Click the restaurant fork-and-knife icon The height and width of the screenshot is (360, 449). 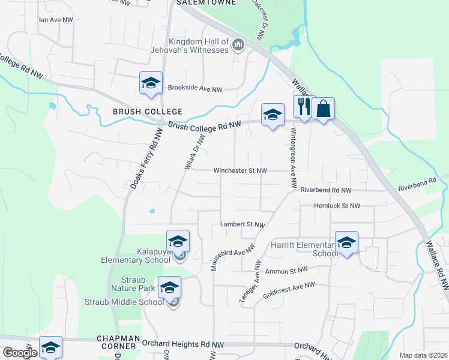pos(304,108)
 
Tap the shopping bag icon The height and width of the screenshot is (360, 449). pos(323,109)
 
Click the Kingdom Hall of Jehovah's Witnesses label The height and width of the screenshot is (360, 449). pos(199,46)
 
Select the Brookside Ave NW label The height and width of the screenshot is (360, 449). pos(195,89)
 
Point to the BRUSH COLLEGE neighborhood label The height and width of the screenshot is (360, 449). pos(147,112)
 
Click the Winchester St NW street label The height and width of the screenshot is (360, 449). pos(240,170)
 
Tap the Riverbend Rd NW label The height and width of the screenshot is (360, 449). pos(326,190)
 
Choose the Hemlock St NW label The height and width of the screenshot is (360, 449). pos(337,206)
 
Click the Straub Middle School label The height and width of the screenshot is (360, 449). pos(124,302)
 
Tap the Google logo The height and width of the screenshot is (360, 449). pos(19,352)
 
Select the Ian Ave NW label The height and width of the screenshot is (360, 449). pos(55,20)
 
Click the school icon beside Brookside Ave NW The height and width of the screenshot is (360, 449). pos(151,83)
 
